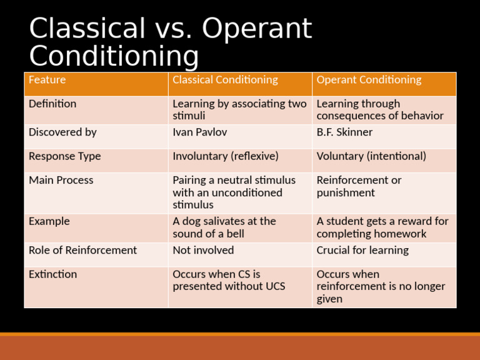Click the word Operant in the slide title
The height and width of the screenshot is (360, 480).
coord(257,29)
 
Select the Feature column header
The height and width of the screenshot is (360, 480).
coord(47,80)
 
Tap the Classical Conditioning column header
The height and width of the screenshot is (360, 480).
coord(225,80)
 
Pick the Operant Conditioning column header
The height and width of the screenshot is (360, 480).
coord(369,80)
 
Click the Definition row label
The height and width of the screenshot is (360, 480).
coord(52,104)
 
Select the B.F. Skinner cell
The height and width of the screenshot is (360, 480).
coord(344,132)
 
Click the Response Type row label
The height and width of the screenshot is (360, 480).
coord(64,156)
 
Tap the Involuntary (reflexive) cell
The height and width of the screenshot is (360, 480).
coord(226,156)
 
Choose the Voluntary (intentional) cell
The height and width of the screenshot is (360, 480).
coord(371,156)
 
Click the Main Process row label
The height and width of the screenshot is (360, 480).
coord(61,180)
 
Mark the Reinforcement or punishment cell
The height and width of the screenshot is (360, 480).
coord(359,186)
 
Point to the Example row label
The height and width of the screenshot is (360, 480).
coord(49,221)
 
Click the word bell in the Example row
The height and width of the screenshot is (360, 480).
coord(235,234)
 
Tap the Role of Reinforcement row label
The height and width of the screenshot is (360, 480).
coord(82,250)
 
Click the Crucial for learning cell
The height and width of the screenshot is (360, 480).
coord(362,250)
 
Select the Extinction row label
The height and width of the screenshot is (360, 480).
coord(52,274)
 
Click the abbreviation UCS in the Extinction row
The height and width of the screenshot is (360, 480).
coord(273,286)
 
